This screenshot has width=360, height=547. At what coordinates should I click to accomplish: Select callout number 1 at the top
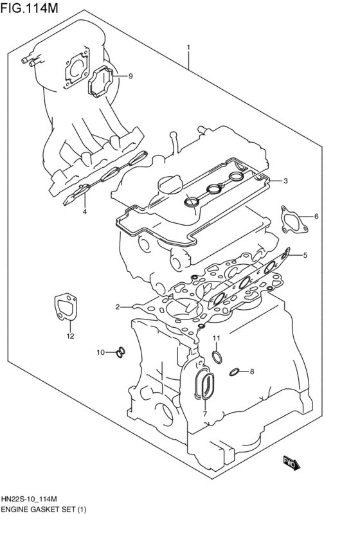pyautogui.click(x=188, y=47)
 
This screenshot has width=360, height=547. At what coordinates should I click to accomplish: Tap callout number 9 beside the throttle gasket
pyautogui.click(x=130, y=76)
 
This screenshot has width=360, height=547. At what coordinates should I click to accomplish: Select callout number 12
pyautogui.click(x=71, y=336)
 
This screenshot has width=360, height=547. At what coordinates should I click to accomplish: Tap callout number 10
pyautogui.click(x=100, y=352)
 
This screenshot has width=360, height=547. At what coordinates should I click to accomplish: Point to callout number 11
pyautogui.click(x=217, y=338)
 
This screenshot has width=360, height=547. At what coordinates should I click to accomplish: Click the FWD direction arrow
pyautogui.click(x=290, y=462)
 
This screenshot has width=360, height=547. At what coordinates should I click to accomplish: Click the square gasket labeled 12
pyautogui.click(x=65, y=307)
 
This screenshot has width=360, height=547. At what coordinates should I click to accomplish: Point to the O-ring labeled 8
pyautogui.click(x=236, y=372)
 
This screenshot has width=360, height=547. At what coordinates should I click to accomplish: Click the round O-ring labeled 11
pyautogui.click(x=217, y=357)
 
